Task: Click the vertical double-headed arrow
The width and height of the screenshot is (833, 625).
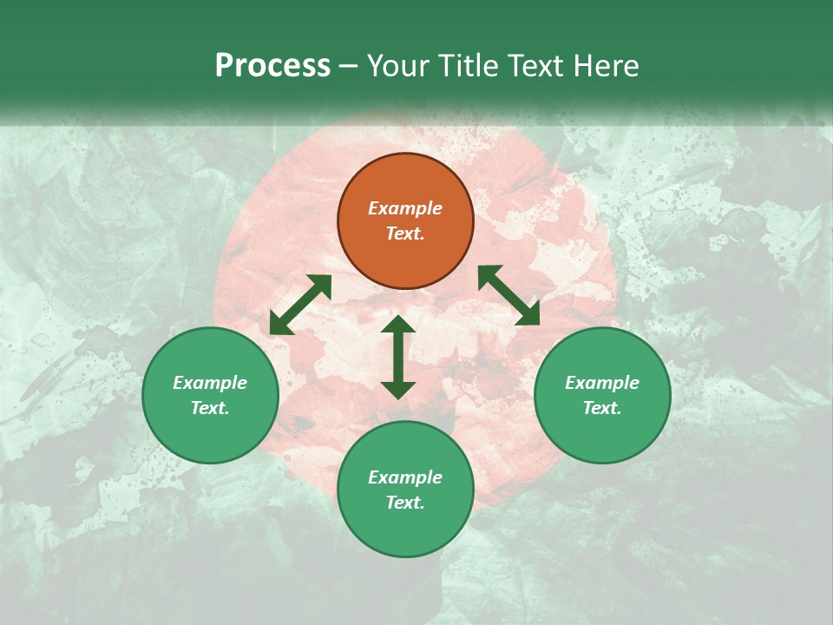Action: pos(398,357)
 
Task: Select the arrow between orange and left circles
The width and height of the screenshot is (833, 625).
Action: pos(300,305)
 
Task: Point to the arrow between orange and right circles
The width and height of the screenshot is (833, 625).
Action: pos(508,295)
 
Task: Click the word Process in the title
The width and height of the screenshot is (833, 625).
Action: pos(272,66)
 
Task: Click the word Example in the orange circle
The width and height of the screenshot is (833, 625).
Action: pos(405,208)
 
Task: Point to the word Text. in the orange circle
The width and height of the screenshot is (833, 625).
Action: pos(405,234)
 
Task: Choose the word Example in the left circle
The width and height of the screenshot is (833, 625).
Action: pos(210,383)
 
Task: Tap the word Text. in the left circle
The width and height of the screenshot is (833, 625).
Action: pos(210,408)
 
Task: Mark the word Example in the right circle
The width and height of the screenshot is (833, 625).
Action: pos(602,383)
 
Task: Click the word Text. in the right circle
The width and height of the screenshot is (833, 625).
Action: pos(602,408)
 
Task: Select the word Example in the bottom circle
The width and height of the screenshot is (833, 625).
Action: pos(405,477)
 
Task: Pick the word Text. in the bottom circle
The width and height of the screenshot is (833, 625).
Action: pos(405,503)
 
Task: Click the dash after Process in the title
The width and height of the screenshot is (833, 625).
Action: pos(349,67)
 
